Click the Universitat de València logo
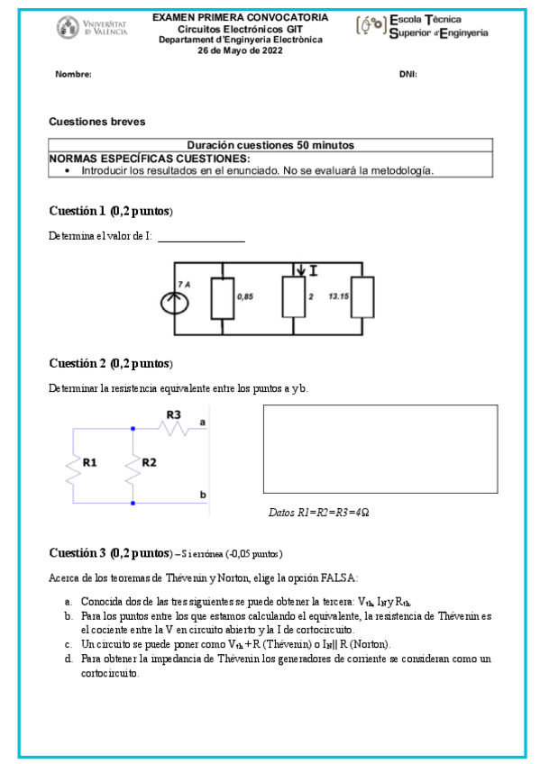(92, 26)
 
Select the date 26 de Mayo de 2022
(240, 50)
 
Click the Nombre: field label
(74, 75)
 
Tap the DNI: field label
(407, 75)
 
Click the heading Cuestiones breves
(96, 121)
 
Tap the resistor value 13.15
(339, 296)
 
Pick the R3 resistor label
(173, 415)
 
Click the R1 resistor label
(89, 462)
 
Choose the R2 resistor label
(150, 462)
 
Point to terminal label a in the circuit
(203, 421)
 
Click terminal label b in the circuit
(203, 495)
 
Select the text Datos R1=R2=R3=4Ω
(319, 513)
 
